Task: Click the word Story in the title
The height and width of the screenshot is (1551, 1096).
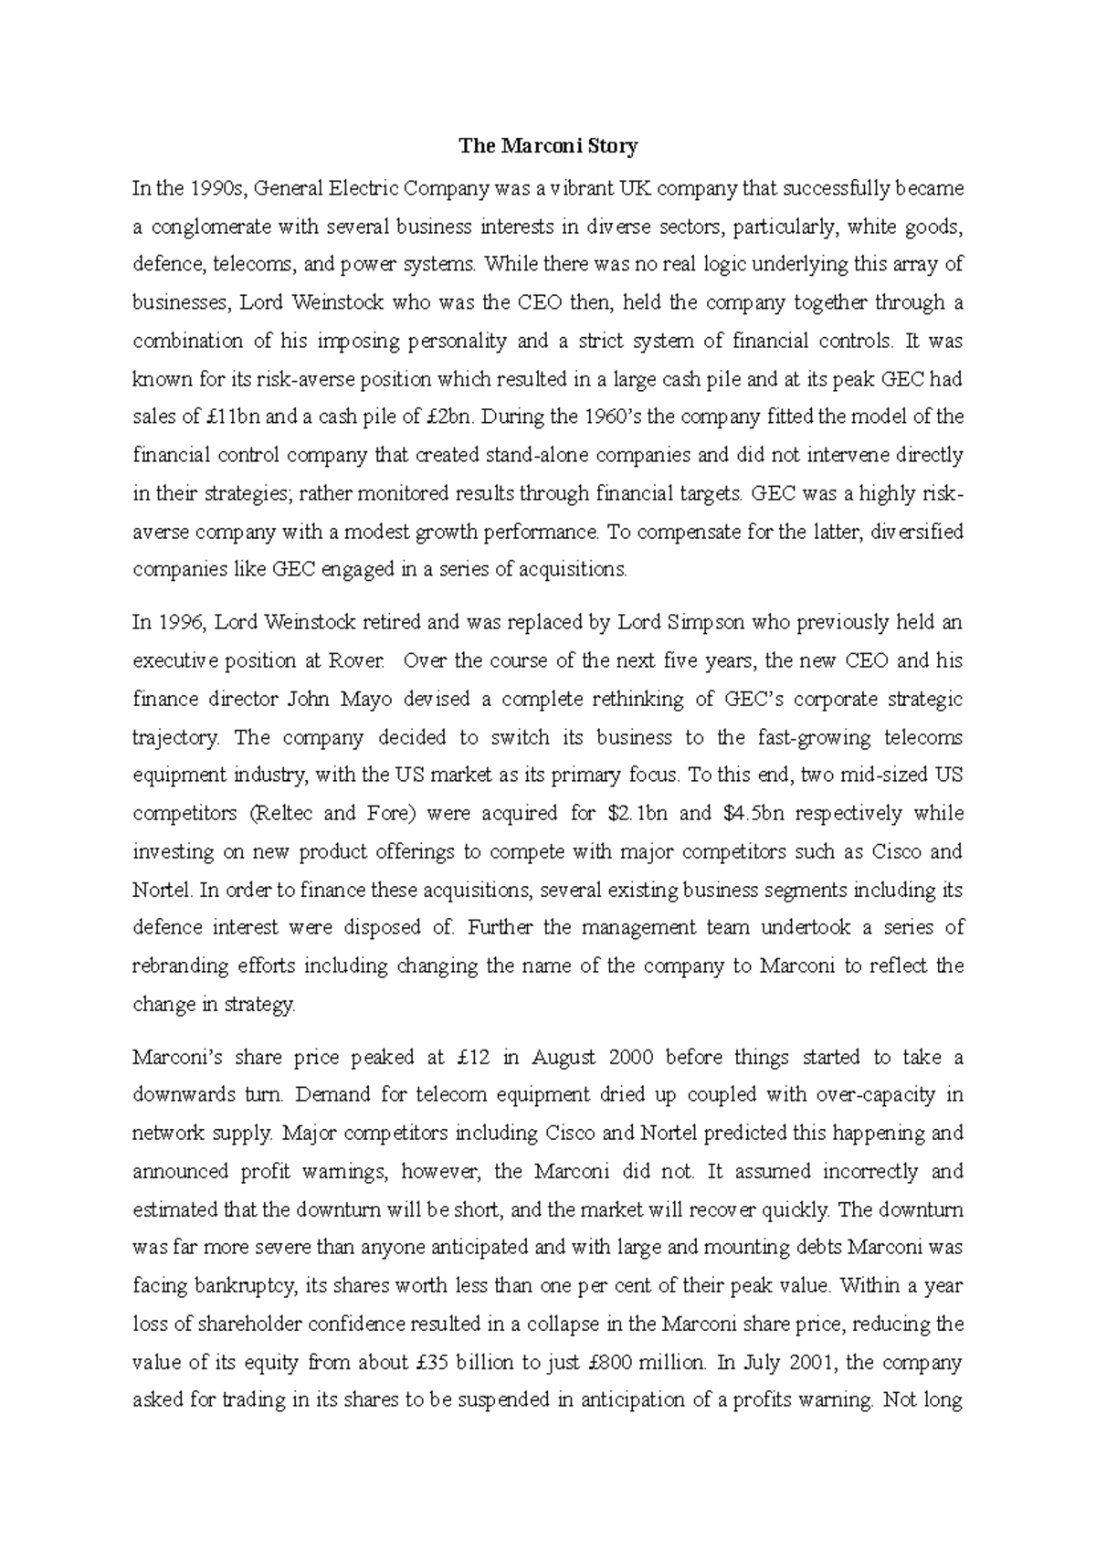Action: pyautogui.click(x=614, y=146)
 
